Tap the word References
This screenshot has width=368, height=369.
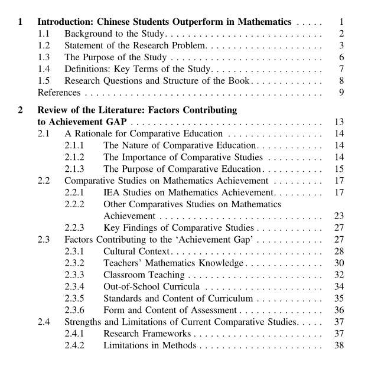pyautogui.click(x=59, y=92)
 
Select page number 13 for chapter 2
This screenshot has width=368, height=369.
pyautogui.click(x=338, y=122)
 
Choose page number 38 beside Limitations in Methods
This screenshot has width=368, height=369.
pyautogui.click(x=338, y=345)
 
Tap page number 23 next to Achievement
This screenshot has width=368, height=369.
pyautogui.click(x=338, y=216)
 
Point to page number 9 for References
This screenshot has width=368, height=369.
pyautogui.click(x=341, y=92)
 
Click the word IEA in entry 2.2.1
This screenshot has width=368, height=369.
pyautogui.click(x=112, y=192)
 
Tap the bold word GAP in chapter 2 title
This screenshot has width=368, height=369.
pyautogui.click(x=115, y=122)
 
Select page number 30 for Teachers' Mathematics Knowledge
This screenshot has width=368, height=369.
pyautogui.click(x=338, y=263)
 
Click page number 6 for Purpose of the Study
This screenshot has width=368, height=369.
pyautogui.click(x=341, y=57)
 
